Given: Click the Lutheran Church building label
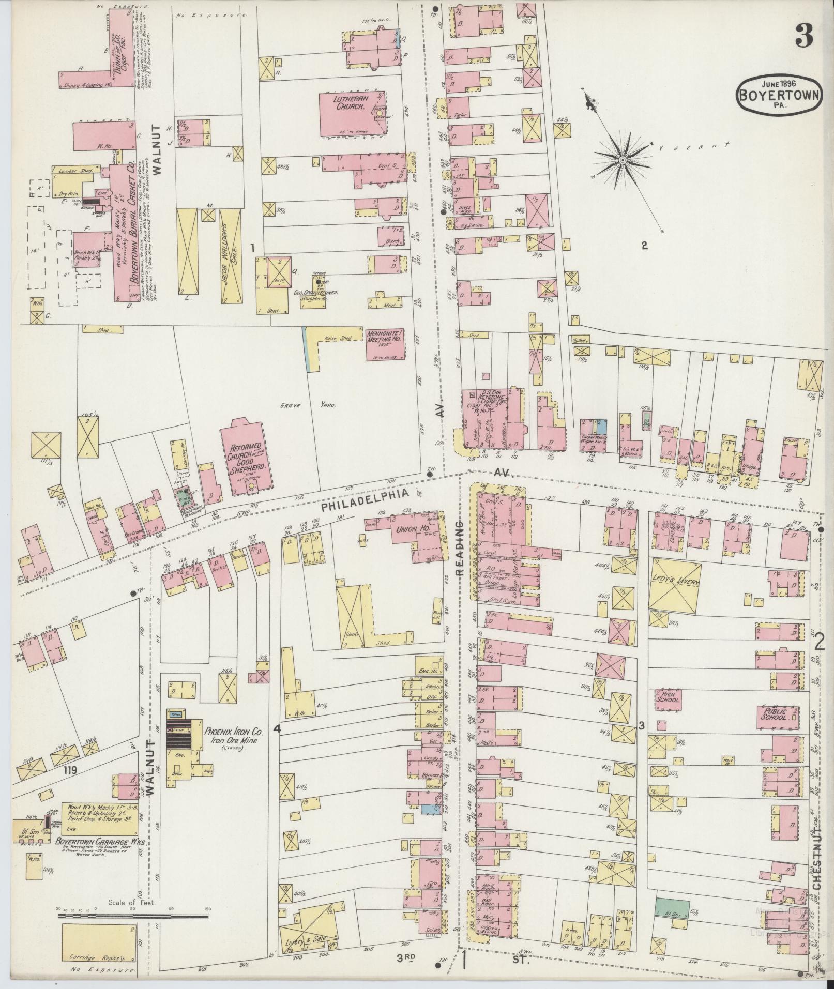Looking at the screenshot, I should point(345,102).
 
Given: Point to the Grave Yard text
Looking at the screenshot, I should point(308,405).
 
